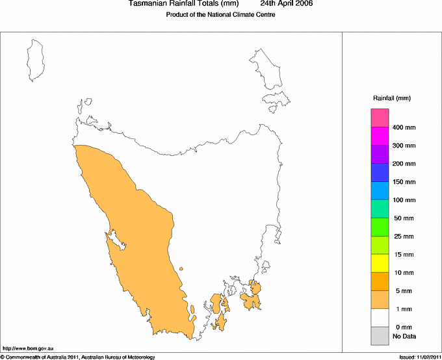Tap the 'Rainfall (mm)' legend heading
click(x=392, y=98)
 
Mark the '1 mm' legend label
click(x=404, y=309)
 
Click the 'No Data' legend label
click(x=404, y=336)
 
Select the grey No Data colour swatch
click(x=380, y=336)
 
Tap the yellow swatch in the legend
click(x=380, y=263)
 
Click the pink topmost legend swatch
click(x=380, y=118)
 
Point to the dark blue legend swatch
click(x=380, y=172)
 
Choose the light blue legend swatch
click(x=380, y=190)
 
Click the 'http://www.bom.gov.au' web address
click(x=27, y=349)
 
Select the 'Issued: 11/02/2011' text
click(x=420, y=357)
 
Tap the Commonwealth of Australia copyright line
click(x=78, y=357)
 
